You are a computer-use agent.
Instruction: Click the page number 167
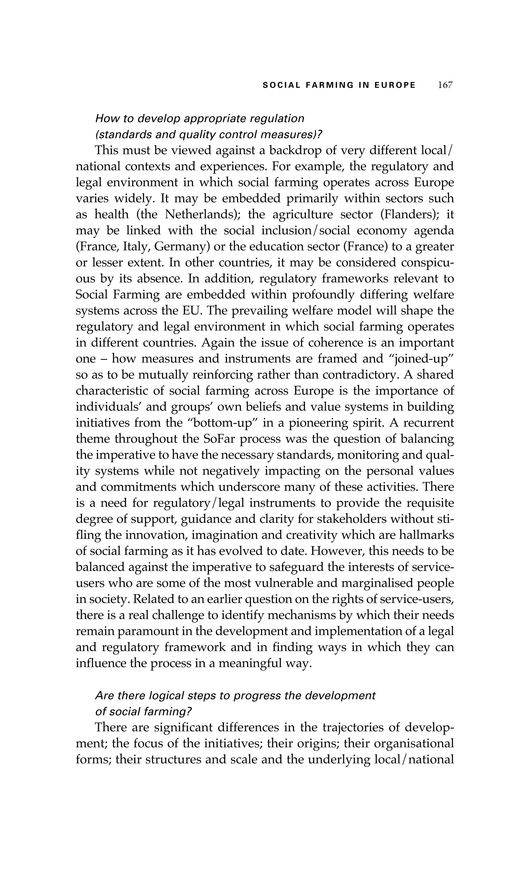[x=445, y=85]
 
